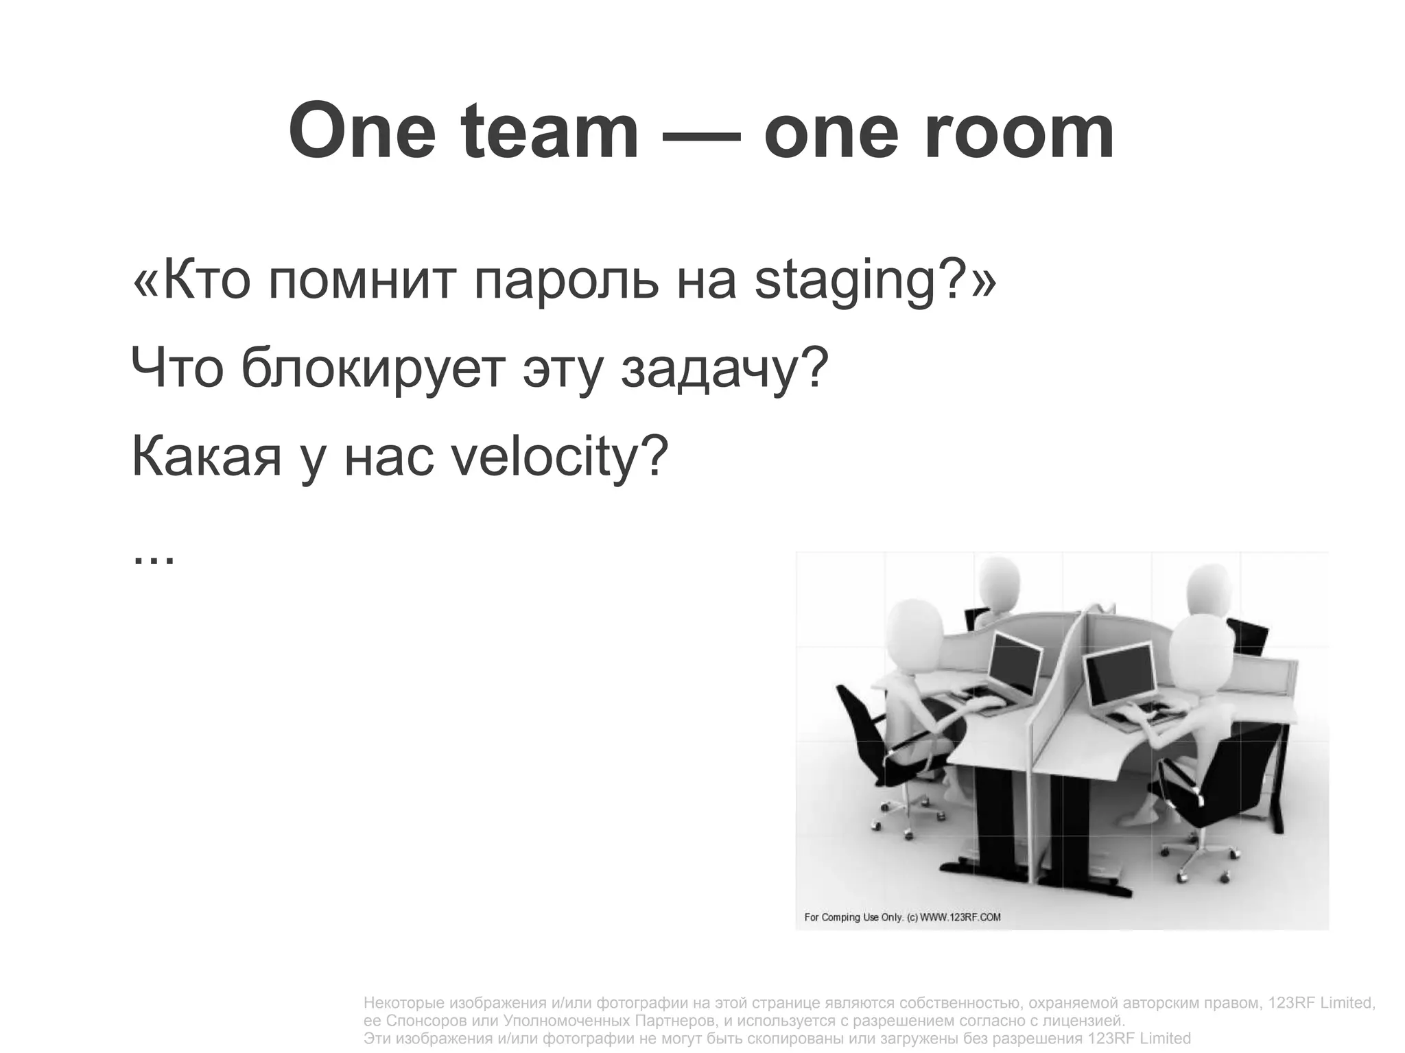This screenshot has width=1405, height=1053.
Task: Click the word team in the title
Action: click(550, 132)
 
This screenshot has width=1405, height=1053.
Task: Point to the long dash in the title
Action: click(701, 134)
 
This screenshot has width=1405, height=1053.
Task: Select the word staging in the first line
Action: click(845, 282)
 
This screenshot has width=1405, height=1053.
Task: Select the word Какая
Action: click(206, 457)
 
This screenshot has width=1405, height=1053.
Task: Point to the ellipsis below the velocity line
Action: click(153, 556)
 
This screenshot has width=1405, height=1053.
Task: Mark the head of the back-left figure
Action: click(999, 581)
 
